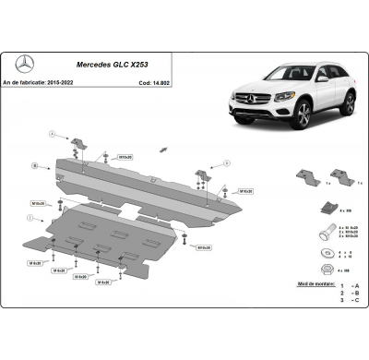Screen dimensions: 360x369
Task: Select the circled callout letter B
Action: [35, 166]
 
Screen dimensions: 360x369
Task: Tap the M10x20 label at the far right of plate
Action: [247, 190]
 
